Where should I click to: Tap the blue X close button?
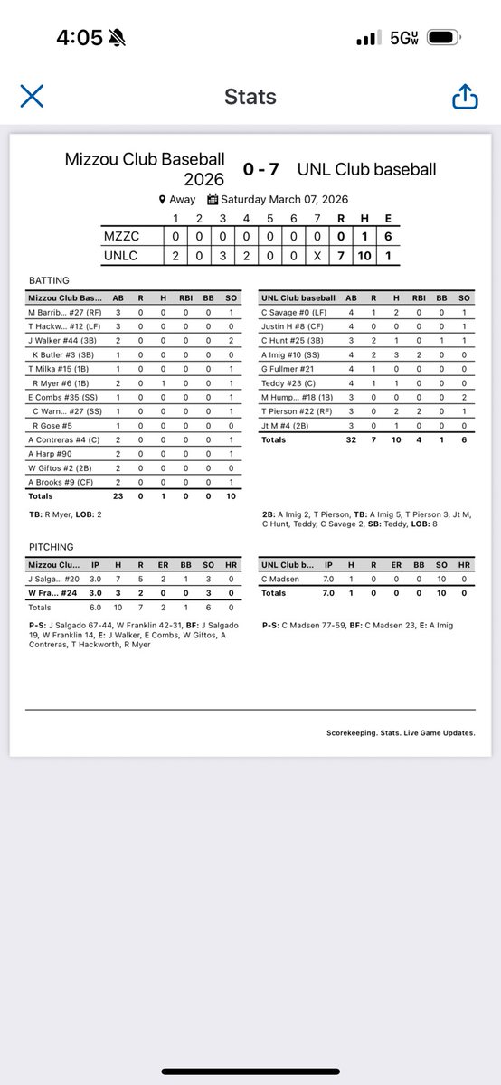point(32,96)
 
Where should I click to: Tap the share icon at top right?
point(465,96)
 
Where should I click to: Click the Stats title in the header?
point(250,97)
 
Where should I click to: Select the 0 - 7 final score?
point(265,169)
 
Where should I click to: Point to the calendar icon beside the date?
point(213,200)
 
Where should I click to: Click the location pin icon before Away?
point(162,200)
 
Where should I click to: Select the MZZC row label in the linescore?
point(124,236)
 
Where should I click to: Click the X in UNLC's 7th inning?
point(317,256)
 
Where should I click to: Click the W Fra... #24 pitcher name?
point(56,593)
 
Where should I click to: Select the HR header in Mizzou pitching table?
point(230,565)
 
